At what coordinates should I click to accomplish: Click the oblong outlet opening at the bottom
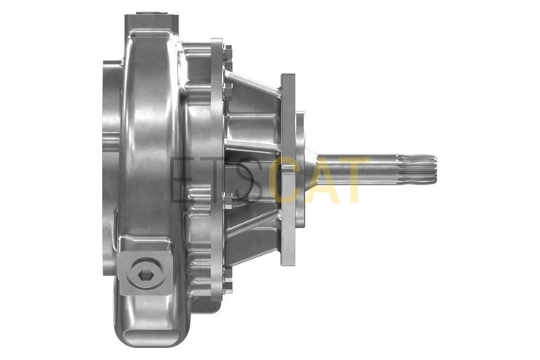coord(151,335)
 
